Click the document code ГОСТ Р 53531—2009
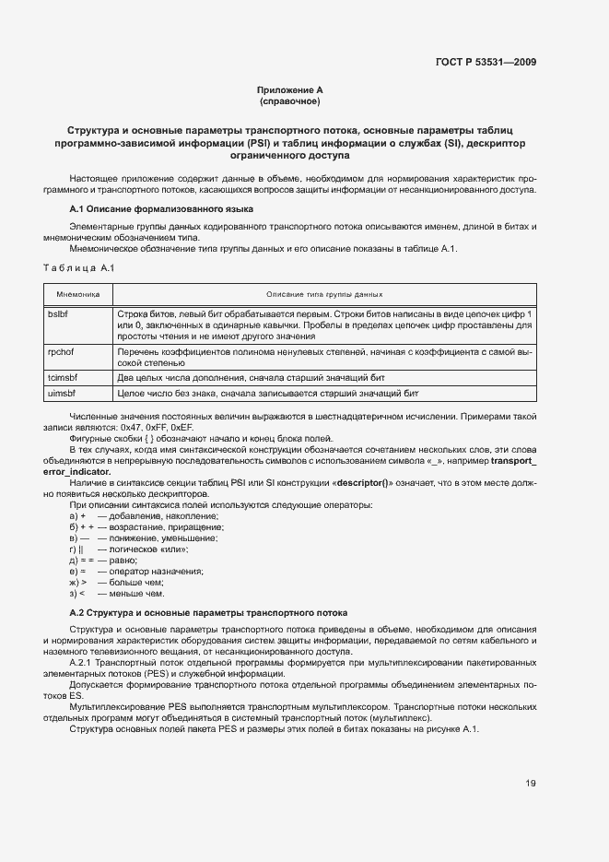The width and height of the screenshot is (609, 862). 487,62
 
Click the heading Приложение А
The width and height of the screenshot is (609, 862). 290,90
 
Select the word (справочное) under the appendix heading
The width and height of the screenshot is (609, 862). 290,101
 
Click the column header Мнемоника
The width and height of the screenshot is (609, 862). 78,294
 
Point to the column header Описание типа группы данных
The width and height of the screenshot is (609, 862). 324,294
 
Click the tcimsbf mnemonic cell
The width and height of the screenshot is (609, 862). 63,377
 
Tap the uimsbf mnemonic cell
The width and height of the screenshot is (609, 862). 62,393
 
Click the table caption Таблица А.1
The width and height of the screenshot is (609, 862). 78,266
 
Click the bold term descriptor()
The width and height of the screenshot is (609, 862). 362,483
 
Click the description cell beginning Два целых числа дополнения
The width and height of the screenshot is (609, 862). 249,377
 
